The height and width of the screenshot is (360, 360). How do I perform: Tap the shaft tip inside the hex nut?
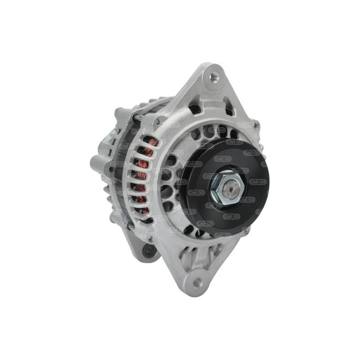(x=231, y=184)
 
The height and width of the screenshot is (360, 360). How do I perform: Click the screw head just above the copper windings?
(x=159, y=121)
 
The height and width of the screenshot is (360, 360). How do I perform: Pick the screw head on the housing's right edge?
(x=256, y=125)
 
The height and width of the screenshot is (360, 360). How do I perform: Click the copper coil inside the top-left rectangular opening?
(x=197, y=109)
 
